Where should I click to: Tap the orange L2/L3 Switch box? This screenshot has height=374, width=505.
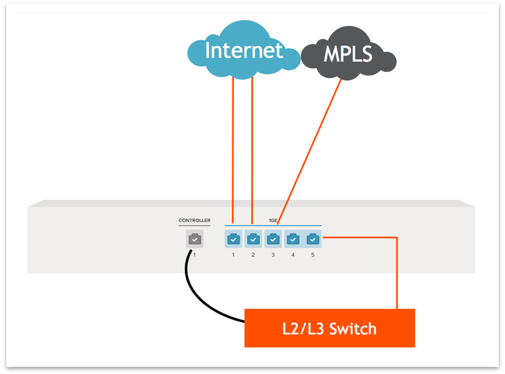(x=330, y=328)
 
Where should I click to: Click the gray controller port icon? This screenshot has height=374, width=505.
(x=194, y=240)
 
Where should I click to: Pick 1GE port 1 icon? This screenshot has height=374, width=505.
(x=233, y=240)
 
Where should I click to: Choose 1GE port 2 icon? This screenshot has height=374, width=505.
(x=253, y=240)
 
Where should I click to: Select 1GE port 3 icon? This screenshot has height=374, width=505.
(x=273, y=240)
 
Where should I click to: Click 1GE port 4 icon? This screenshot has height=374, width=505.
(x=293, y=240)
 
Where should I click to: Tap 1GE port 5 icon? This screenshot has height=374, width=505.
(x=312, y=240)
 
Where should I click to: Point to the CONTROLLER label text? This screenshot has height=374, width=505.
(x=194, y=221)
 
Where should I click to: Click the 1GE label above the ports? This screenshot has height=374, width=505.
(x=273, y=220)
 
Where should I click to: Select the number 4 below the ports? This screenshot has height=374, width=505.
(x=293, y=255)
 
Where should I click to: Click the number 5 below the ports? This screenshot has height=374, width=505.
(x=312, y=255)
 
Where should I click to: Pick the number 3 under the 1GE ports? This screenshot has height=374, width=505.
(x=273, y=255)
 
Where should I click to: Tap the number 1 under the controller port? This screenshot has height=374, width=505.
(x=194, y=255)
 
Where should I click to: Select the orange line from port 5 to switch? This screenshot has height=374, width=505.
(x=396, y=271)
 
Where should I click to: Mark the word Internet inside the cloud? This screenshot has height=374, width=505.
(x=243, y=50)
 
